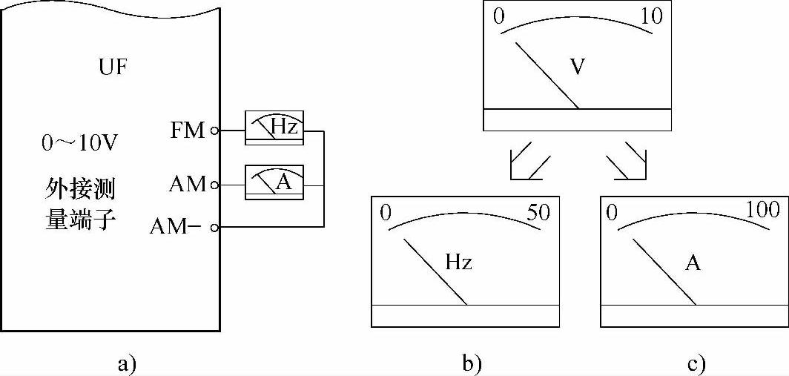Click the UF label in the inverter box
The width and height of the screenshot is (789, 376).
(113, 68)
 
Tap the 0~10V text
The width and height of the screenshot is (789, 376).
(79, 143)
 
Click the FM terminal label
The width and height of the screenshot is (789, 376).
(188, 131)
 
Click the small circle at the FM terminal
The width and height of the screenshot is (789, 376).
(215, 131)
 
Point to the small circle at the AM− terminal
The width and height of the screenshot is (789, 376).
(215, 227)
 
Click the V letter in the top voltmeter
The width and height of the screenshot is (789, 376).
(578, 66)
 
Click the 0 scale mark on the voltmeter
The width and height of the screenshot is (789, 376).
(498, 16)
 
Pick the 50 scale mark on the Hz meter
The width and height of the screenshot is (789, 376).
(538, 212)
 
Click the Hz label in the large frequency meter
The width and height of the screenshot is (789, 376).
(459, 263)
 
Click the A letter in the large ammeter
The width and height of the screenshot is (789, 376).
(693, 263)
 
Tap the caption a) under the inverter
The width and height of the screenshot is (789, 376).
(128, 363)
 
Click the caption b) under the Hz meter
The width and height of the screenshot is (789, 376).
(472, 363)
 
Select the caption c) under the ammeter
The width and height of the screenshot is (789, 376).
(696, 363)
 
